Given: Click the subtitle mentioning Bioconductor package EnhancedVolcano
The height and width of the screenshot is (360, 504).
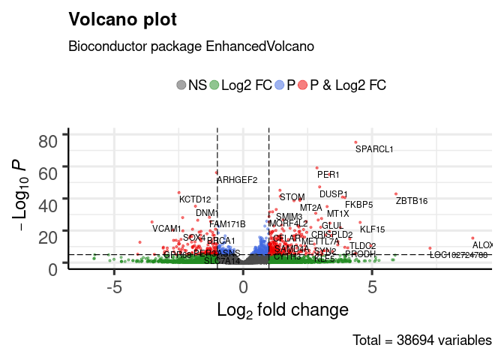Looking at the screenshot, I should (x=190, y=46).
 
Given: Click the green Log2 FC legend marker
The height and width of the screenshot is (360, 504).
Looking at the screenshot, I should (x=214, y=85).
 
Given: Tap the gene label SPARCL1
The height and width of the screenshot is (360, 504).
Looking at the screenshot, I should (x=374, y=149).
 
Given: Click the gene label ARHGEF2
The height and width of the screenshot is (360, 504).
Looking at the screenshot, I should (x=237, y=180).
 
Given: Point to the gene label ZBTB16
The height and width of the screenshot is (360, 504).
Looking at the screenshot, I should (x=412, y=201).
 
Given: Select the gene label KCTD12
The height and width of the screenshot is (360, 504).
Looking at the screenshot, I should (x=195, y=199).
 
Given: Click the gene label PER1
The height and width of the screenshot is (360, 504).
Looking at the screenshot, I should (x=328, y=175).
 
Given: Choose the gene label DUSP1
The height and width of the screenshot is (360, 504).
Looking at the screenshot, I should (x=334, y=194).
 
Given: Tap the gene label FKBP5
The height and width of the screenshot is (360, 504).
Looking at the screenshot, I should (x=358, y=204).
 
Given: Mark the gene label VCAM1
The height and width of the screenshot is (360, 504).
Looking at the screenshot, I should (x=166, y=229).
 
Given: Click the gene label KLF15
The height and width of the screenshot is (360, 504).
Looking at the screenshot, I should (x=372, y=229).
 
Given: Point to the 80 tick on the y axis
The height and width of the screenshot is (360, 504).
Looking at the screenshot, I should (x=49, y=140).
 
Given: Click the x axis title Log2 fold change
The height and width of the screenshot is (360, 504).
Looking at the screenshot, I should (x=282, y=309).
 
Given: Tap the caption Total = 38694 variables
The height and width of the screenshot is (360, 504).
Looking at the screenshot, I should (x=421, y=340).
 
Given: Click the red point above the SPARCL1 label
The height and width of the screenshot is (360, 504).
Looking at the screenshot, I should (x=355, y=142).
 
